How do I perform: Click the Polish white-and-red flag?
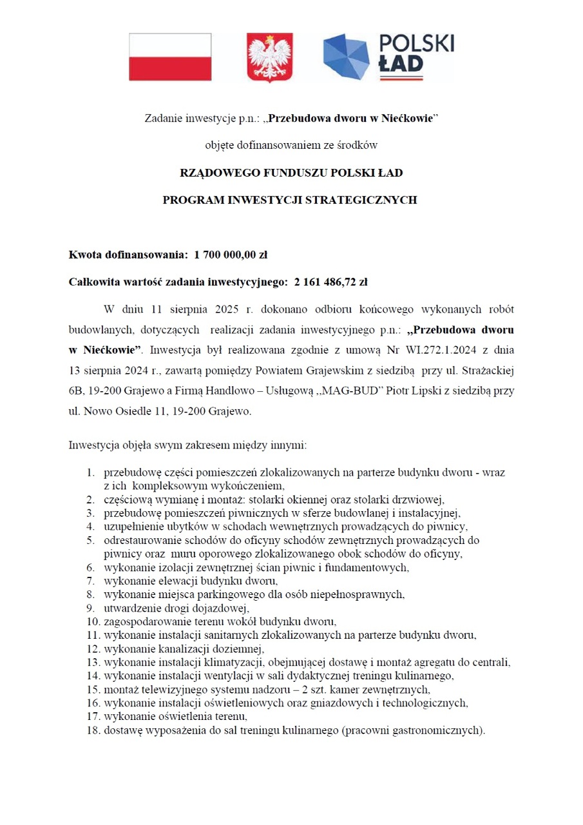tap(170, 57)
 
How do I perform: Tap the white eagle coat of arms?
tap(270, 57)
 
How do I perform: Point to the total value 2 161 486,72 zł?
tap(330, 282)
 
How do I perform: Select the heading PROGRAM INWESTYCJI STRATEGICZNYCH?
tap(290, 200)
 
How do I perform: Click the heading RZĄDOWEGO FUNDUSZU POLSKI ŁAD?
tap(291, 173)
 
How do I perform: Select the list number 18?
tap(93, 730)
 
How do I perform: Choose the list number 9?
tap(91, 608)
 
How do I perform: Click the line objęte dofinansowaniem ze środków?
tap(291, 146)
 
